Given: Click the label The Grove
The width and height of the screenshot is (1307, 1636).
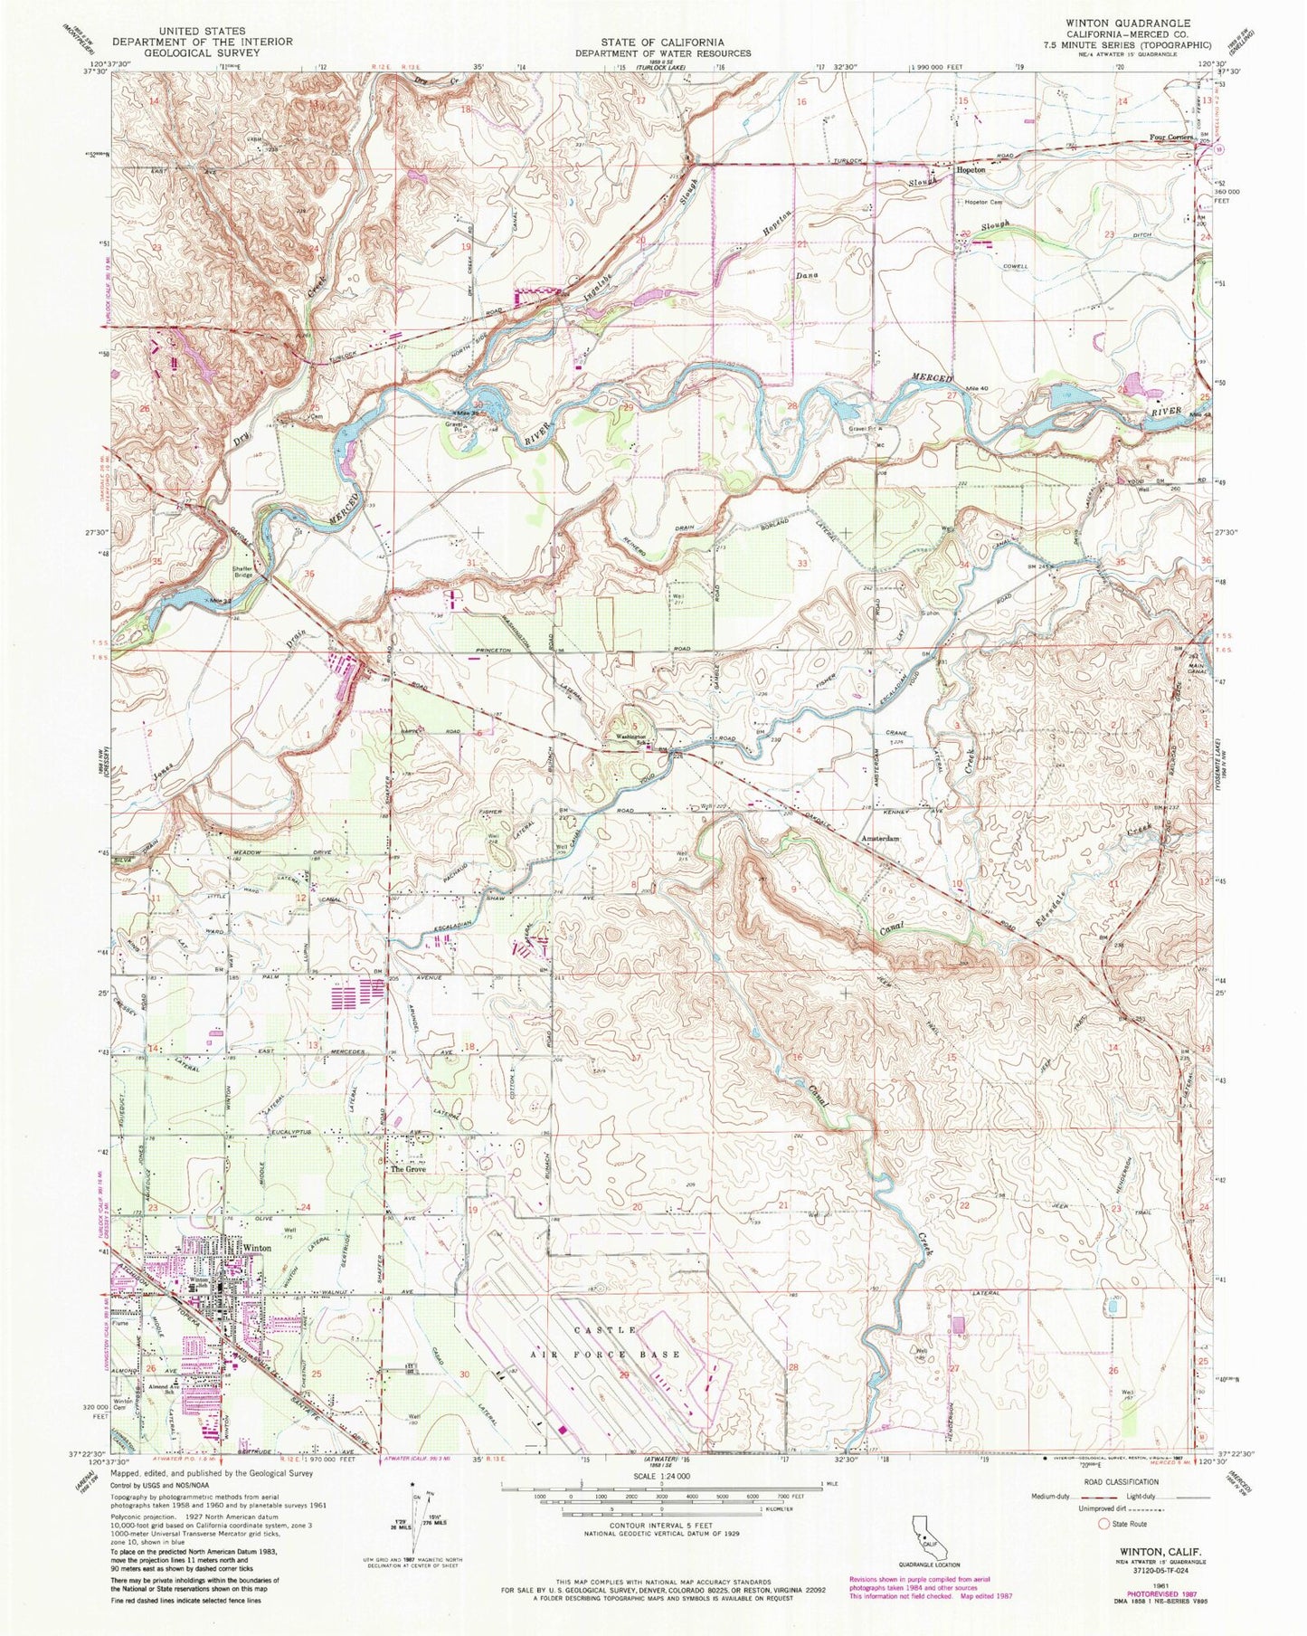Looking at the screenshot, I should [x=408, y=1169].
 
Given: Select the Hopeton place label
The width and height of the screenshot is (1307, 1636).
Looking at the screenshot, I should [x=973, y=168].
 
